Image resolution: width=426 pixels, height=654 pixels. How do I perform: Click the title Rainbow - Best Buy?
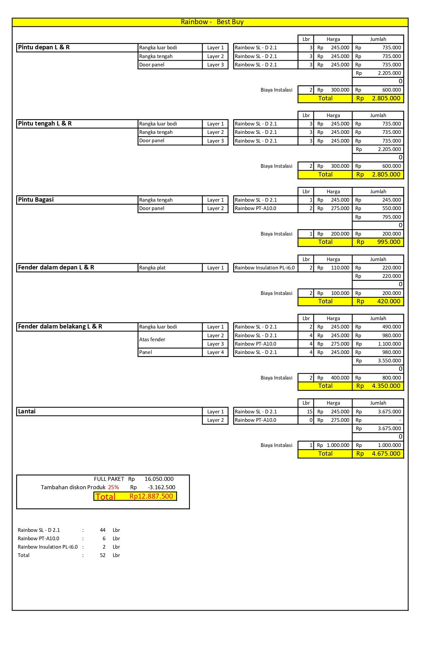(x=212, y=22)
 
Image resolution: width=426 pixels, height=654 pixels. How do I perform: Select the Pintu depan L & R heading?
(x=44, y=47)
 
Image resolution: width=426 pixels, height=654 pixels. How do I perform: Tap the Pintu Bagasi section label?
(x=36, y=200)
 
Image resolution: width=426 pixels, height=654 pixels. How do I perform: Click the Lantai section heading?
(x=27, y=411)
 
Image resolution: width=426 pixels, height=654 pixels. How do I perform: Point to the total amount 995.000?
(x=388, y=242)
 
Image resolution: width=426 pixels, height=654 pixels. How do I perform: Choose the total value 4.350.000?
(x=386, y=386)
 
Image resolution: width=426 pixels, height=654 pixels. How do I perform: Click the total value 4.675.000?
(x=386, y=454)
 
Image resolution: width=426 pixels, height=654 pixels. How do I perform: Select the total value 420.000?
(x=388, y=301)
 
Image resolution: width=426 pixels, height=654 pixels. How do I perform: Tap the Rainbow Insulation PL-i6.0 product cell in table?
(x=265, y=268)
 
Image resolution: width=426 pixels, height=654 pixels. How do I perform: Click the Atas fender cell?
(x=152, y=340)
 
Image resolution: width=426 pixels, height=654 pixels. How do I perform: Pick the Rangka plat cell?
(x=152, y=268)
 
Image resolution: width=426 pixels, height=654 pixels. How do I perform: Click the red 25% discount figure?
(x=113, y=488)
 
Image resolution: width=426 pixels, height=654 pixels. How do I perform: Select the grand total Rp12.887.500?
(x=151, y=496)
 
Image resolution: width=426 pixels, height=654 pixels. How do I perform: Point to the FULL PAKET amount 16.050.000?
(x=159, y=479)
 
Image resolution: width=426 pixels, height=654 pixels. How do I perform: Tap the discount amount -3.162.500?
(x=161, y=488)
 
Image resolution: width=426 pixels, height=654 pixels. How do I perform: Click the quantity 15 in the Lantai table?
(x=309, y=412)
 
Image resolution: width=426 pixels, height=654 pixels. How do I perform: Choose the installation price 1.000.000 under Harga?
(x=338, y=445)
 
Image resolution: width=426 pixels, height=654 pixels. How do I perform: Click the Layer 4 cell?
(x=215, y=352)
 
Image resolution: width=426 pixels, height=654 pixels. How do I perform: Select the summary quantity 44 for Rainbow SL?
(x=103, y=530)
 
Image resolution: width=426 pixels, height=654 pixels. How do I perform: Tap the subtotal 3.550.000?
(x=389, y=361)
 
